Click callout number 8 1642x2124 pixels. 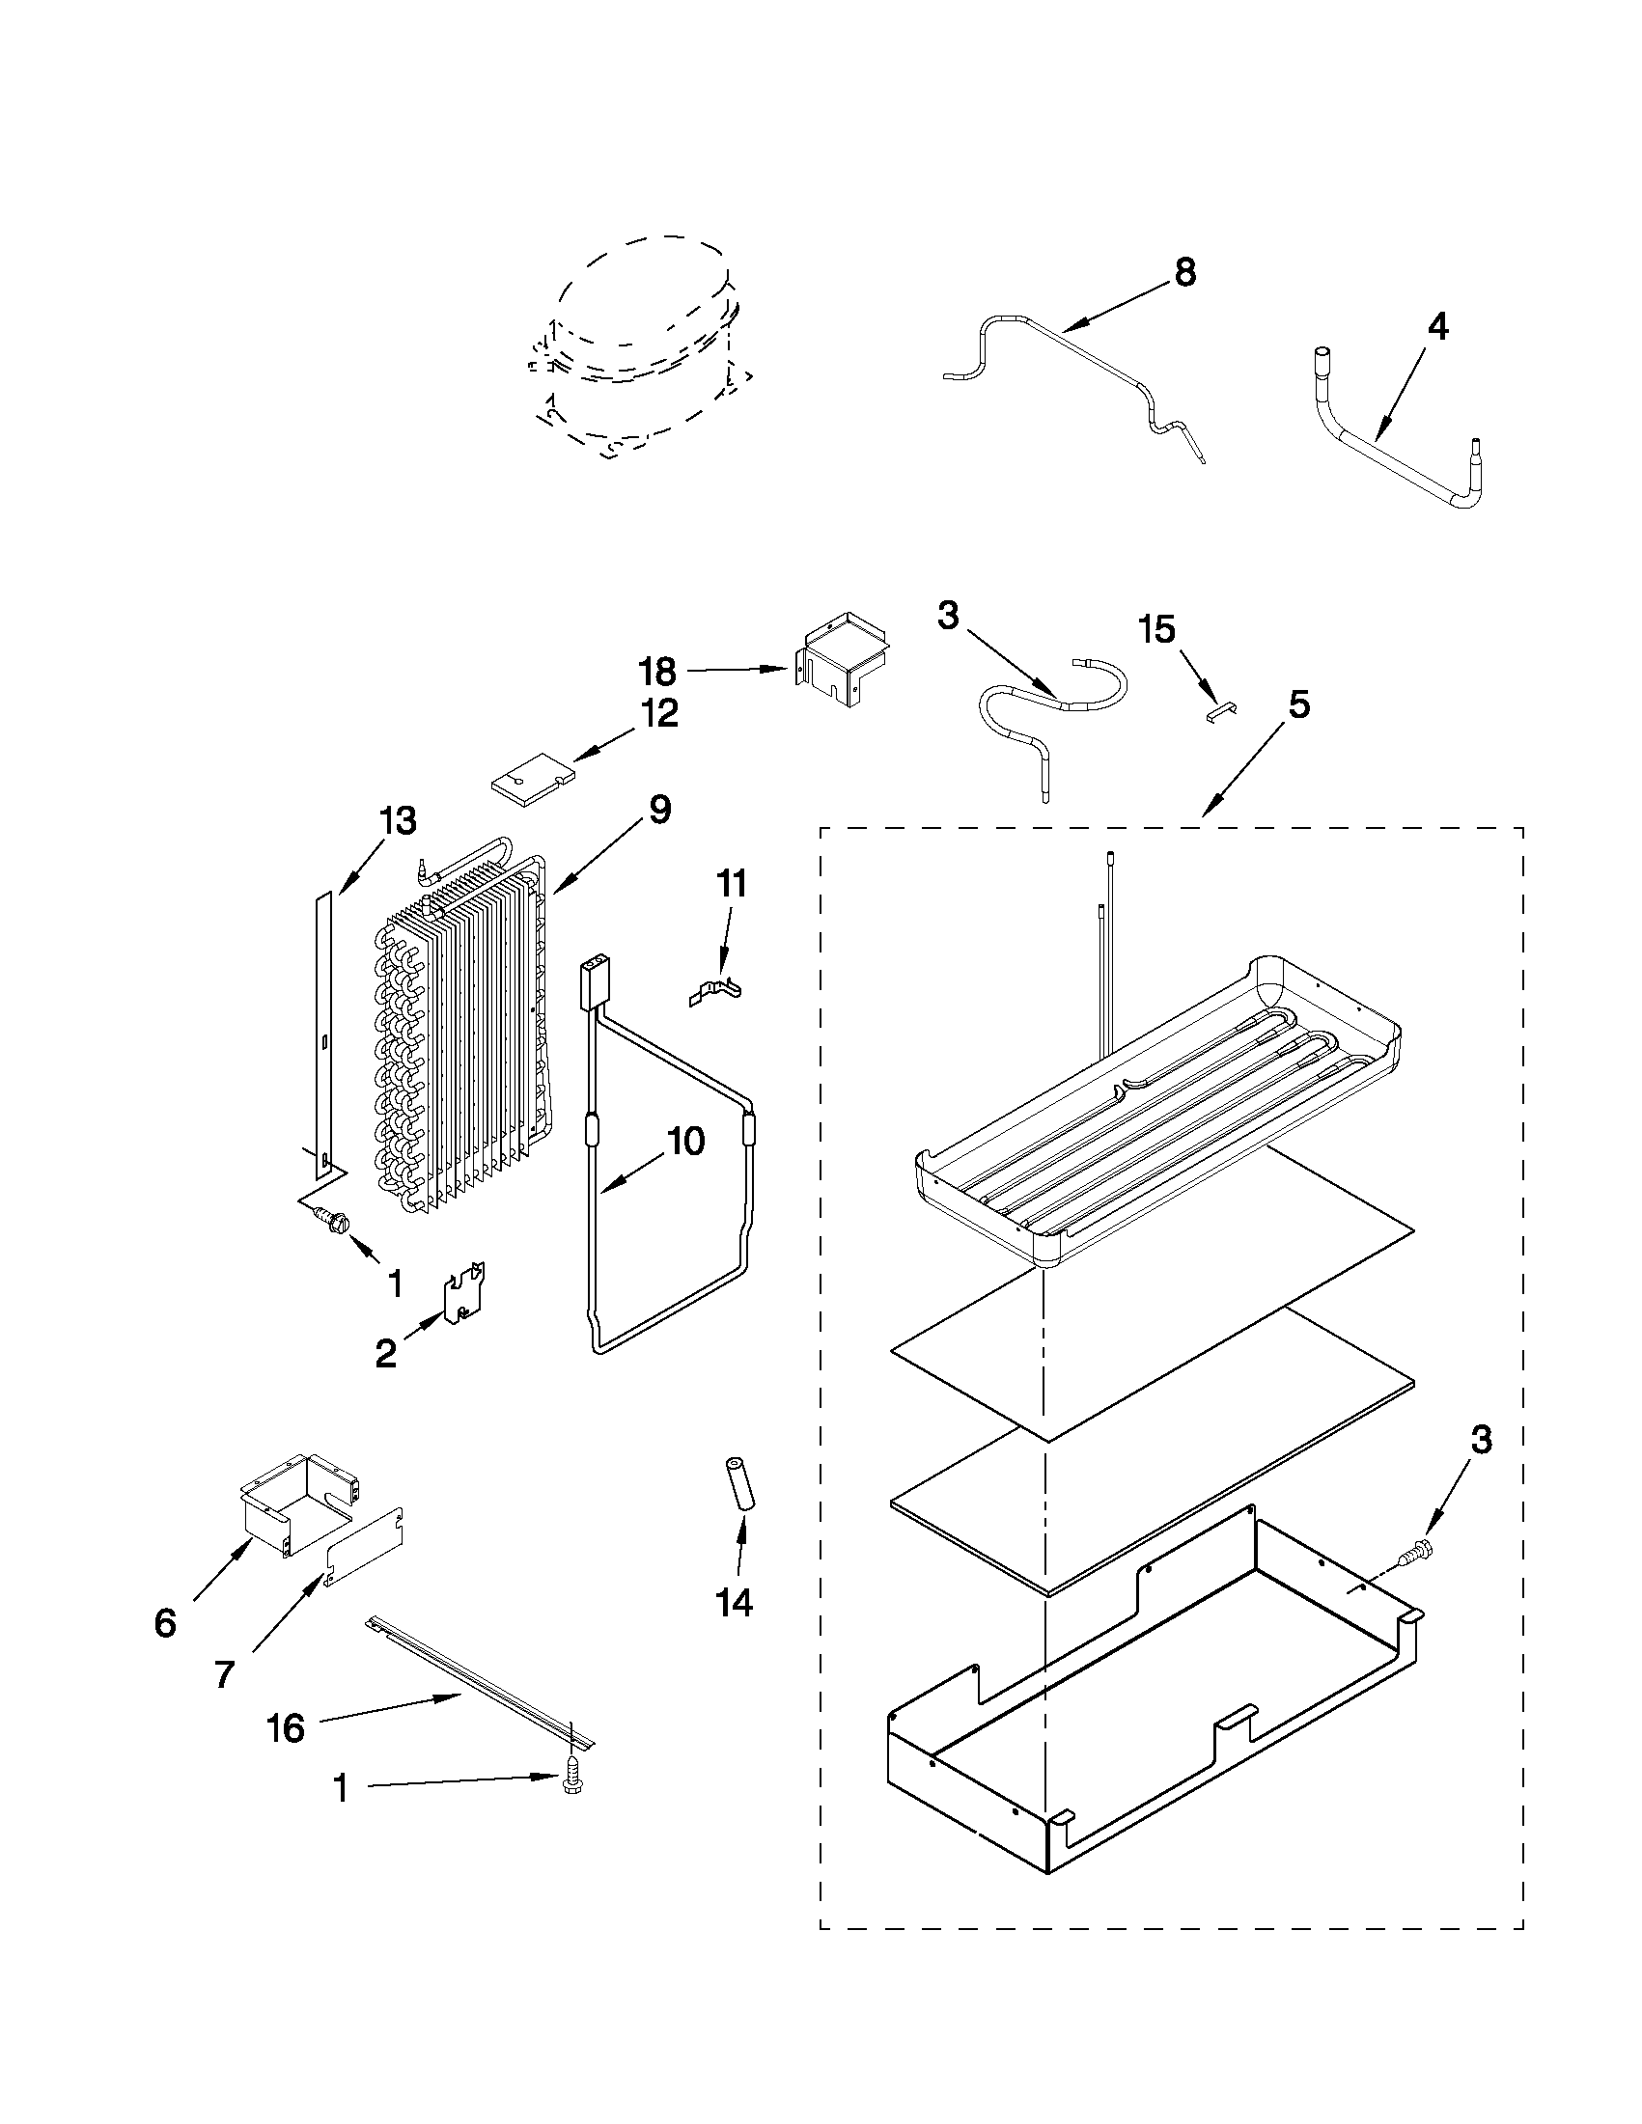(x=1183, y=273)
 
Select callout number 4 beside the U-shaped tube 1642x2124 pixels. (x=1436, y=328)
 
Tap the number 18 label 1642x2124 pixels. (x=656, y=671)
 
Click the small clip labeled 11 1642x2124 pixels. (x=715, y=992)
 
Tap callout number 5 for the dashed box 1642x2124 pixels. (x=1299, y=705)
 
